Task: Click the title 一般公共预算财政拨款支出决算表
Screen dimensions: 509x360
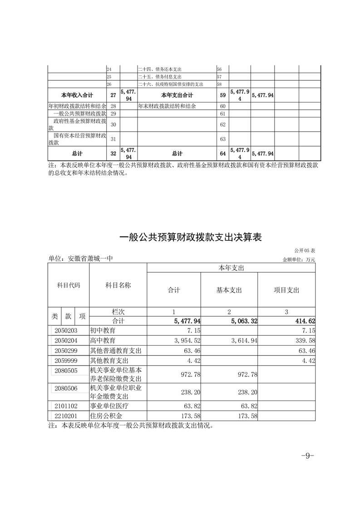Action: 191,237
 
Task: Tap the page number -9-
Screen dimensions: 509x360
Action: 308,456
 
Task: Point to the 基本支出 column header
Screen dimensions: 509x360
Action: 229,290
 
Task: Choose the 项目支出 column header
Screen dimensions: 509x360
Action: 286,290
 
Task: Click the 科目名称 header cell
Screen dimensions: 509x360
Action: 118,285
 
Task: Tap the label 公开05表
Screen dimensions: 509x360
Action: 304,250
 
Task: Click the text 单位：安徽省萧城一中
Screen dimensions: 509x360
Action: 80,259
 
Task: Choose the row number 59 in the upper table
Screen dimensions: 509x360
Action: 222,95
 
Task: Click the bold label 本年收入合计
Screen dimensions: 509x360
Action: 77,95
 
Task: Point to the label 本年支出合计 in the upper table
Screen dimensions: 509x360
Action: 177,95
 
